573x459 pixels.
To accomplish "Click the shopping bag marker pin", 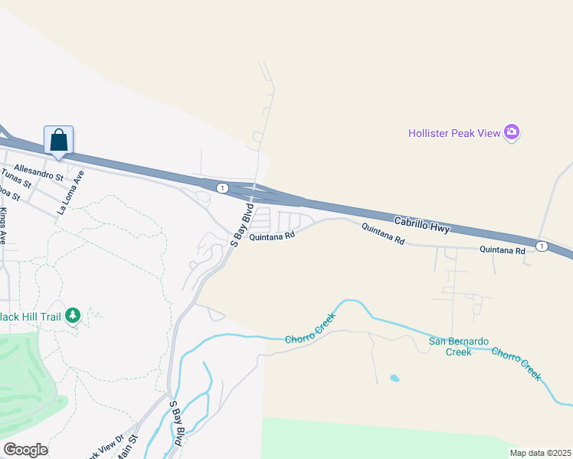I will [x=59, y=141].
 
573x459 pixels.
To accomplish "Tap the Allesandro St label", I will [x=38, y=171].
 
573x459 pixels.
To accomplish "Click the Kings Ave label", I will [x=3, y=225].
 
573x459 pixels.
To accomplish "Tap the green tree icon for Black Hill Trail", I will [x=73, y=314].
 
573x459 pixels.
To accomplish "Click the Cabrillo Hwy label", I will [x=421, y=223].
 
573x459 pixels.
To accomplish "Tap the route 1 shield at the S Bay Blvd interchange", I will [x=221, y=187].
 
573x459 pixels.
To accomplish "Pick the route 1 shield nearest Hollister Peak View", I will [x=542, y=246].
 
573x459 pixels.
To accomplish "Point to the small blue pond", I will [x=394, y=378].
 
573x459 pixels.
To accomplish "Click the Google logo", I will [x=25, y=450].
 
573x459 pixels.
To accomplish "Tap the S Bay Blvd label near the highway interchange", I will [x=242, y=224].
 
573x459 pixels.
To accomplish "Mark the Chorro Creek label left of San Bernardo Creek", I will [x=310, y=328].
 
